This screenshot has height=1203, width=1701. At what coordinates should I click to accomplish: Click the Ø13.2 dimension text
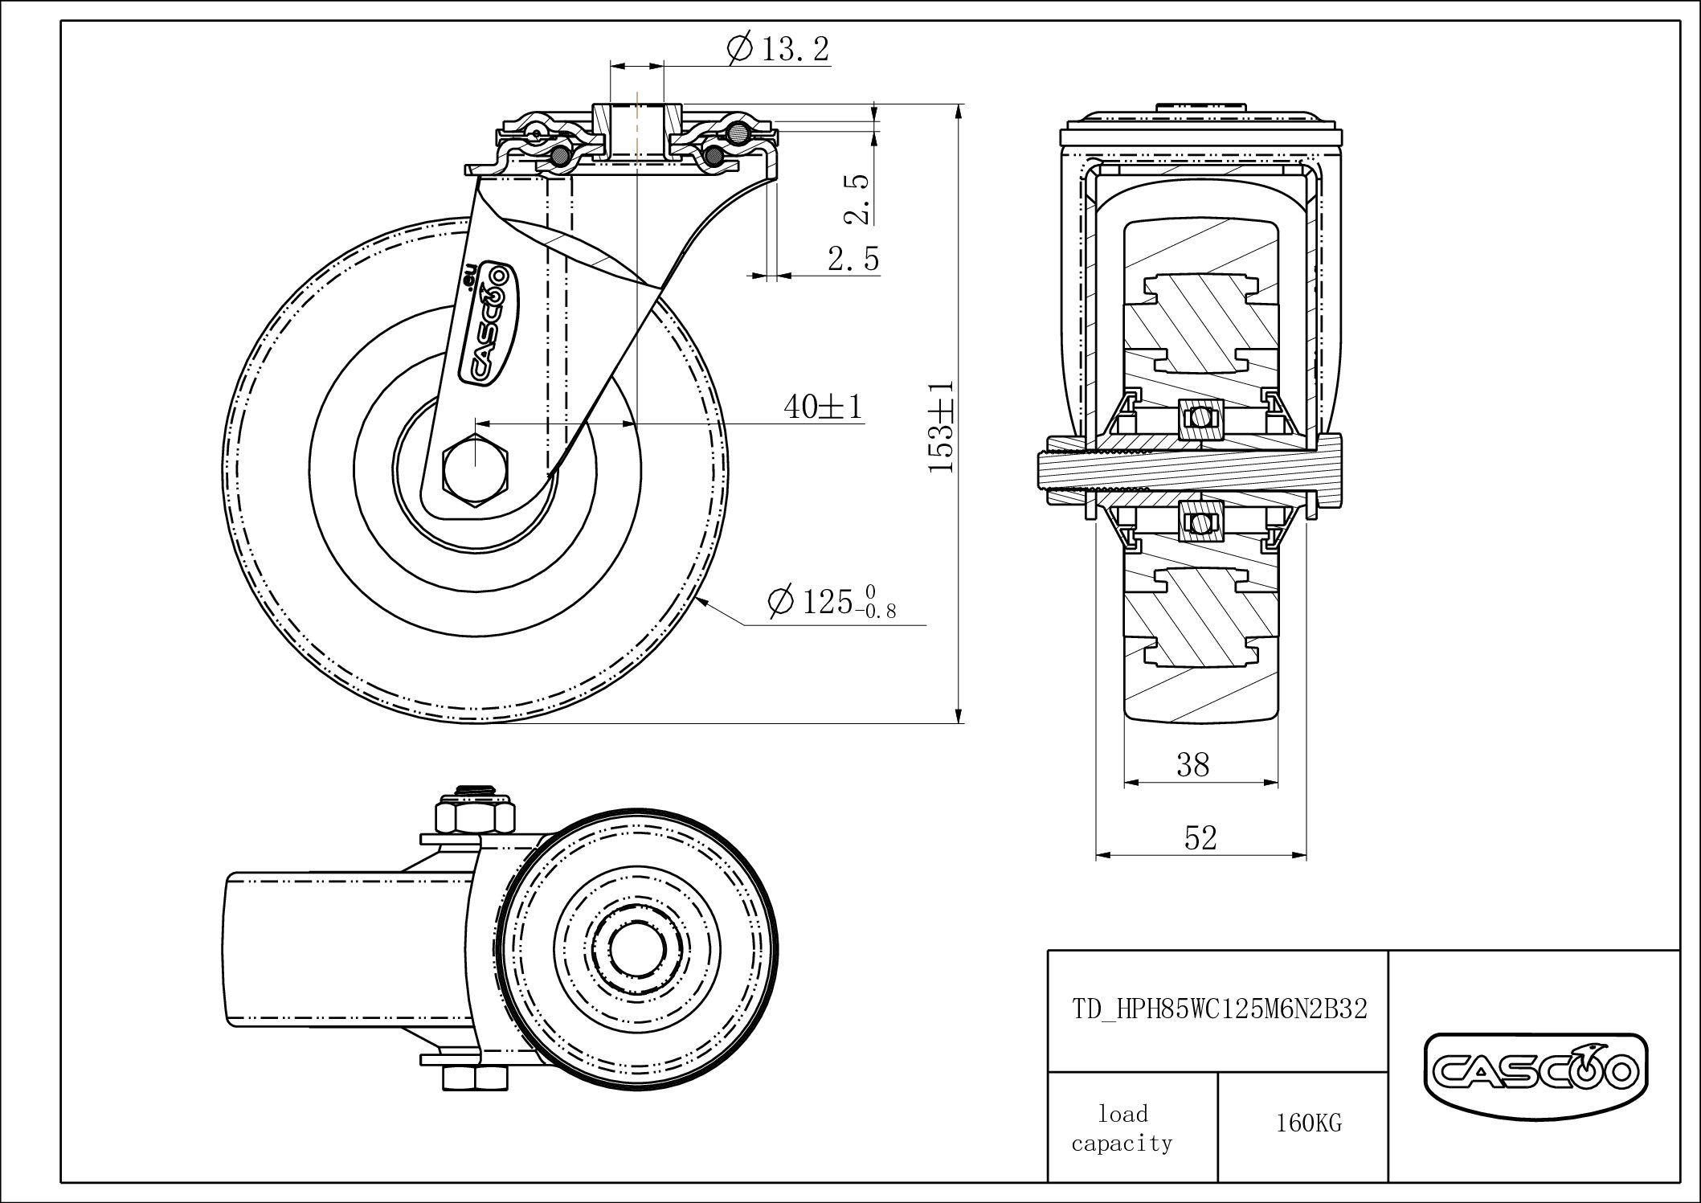(778, 50)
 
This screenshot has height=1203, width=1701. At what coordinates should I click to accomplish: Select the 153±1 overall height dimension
(941, 426)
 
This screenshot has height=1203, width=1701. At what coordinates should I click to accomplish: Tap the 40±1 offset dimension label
(822, 407)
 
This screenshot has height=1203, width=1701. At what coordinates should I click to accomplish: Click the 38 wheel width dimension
(1192, 765)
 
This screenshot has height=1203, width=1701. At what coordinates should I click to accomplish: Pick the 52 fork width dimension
(1200, 838)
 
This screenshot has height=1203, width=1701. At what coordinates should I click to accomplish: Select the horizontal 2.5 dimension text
(853, 259)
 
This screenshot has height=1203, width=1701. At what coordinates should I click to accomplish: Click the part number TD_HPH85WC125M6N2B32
(1219, 1009)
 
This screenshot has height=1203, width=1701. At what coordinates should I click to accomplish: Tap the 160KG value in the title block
(1308, 1123)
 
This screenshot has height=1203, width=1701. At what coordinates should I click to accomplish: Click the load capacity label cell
(1122, 1128)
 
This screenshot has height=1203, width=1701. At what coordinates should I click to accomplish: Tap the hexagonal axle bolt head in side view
(476, 470)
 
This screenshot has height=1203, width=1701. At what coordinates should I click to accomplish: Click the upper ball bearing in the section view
(1200, 418)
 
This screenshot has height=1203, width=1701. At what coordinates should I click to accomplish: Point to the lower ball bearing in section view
(1200, 523)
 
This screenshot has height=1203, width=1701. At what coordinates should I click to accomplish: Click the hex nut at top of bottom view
(476, 815)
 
